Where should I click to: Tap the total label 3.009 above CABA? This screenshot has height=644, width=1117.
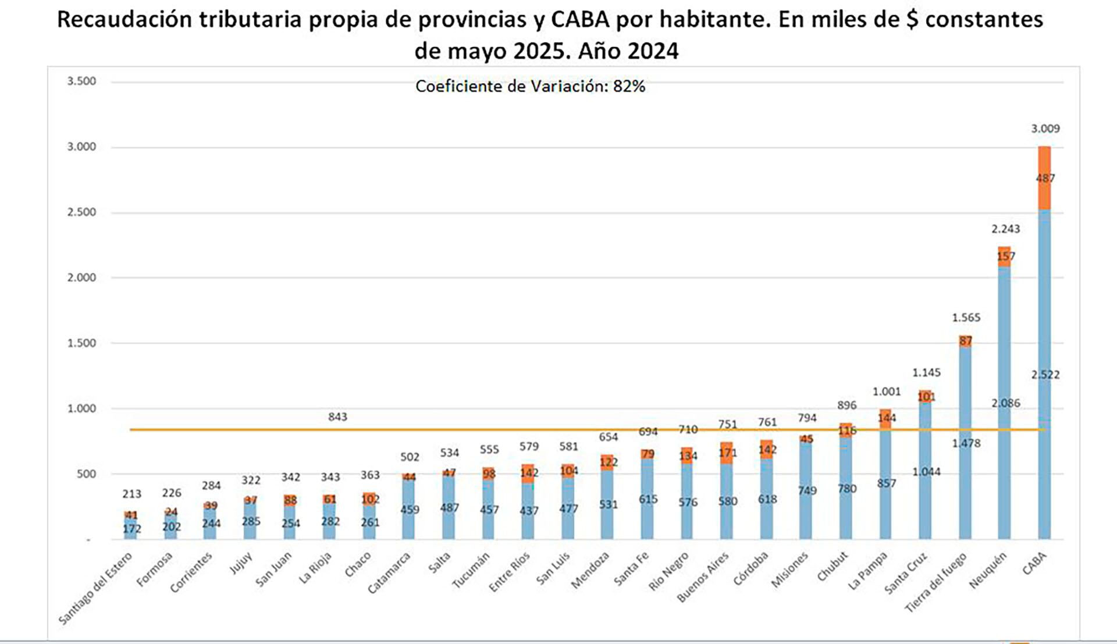click(1045, 129)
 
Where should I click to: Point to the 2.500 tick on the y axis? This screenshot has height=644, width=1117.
click(81, 212)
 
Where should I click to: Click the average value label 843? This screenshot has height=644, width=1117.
click(337, 417)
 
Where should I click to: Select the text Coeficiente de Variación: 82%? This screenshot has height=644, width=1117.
click(530, 86)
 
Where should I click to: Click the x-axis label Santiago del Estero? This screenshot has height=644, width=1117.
click(96, 588)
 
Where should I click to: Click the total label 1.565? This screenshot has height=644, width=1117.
click(966, 318)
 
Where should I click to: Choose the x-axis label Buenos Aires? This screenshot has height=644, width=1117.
click(703, 577)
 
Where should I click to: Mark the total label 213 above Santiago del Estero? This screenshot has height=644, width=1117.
click(131, 494)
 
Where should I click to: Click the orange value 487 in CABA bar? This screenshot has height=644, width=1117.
click(1045, 179)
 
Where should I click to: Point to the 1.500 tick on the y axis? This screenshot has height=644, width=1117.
click(81, 343)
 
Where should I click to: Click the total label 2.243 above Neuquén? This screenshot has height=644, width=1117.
click(1005, 229)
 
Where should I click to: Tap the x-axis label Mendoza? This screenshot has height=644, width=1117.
click(590, 570)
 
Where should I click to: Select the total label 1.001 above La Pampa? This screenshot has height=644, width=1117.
click(886, 392)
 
